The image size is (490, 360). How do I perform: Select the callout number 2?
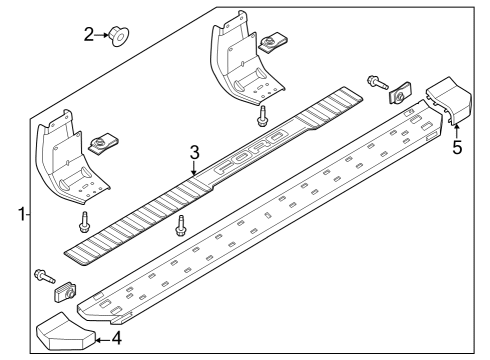click(89, 35)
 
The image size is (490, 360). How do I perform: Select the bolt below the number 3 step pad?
click(181, 225)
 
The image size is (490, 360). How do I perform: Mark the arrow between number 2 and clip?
click(103, 36)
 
